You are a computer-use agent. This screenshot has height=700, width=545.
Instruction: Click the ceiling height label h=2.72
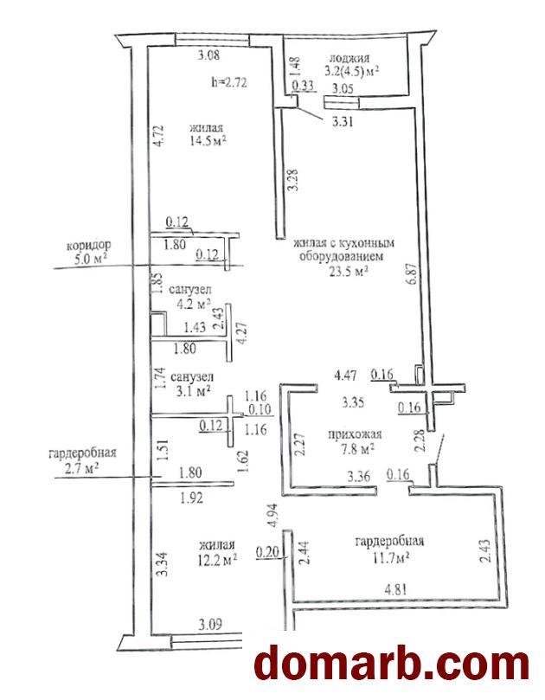tap(230, 83)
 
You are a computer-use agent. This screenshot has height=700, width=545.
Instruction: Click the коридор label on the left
tap(89, 245)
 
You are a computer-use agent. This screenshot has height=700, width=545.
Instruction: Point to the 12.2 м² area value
tap(216, 560)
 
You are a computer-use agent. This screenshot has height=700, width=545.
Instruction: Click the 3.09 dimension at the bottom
tap(211, 624)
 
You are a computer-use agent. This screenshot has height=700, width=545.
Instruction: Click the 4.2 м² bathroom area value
tap(194, 304)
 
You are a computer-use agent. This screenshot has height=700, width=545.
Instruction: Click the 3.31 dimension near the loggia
tap(343, 121)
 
